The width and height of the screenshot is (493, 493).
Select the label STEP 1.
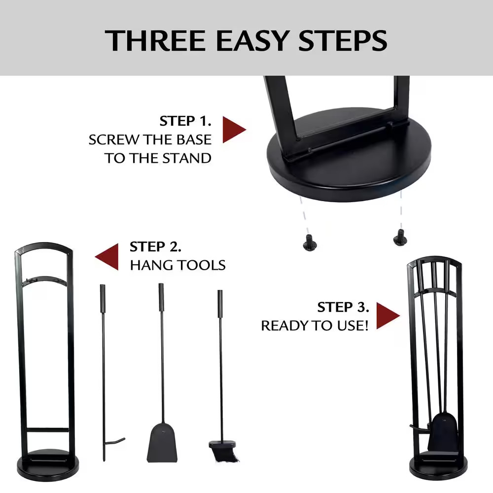185,121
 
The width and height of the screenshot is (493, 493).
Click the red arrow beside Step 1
234,130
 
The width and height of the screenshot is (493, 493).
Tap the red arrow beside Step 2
107,256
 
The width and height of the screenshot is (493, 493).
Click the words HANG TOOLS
177,265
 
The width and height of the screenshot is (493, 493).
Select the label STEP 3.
343,307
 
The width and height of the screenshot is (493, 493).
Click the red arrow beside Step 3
388,316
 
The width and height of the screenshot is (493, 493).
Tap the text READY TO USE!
315,326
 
